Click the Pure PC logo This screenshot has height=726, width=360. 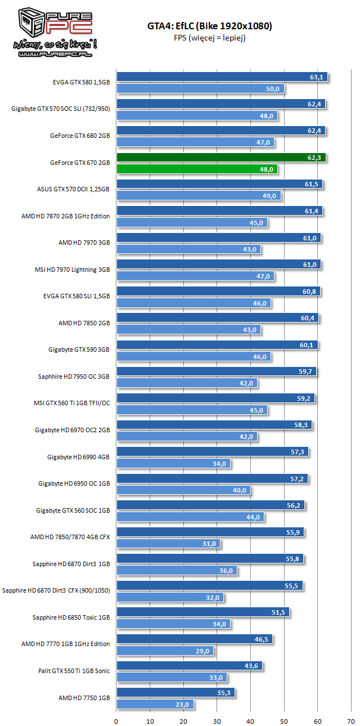pyautogui.click(x=50, y=32)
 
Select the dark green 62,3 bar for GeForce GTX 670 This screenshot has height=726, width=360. pyautogui.click(x=221, y=158)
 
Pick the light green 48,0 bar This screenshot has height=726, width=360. pyautogui.click(x=197, y=169)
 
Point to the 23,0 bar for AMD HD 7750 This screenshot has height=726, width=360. pyautogui.click(x=155, y=704)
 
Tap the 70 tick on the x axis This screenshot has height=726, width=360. pyautogui.click(x=351, y=720)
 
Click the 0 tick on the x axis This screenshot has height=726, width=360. pyautogui.click(x=116, y=720)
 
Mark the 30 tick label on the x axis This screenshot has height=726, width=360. pyautogui.click(x=217, y=720)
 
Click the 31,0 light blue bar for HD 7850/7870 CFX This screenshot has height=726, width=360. pyautogui.click(x=168, y=544)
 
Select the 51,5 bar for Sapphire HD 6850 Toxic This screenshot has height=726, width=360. pyautogui.click(x=202, y=612)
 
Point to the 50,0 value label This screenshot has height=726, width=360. pyautogui.click(x=273, y=89)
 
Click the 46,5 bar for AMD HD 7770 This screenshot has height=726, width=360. pyautogui.click(x=194, y=639)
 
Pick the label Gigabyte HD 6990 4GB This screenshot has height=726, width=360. pyautogui.click(x=78, y=456)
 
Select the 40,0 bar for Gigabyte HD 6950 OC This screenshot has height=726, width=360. pyautogui.click(x=183, y=490)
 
